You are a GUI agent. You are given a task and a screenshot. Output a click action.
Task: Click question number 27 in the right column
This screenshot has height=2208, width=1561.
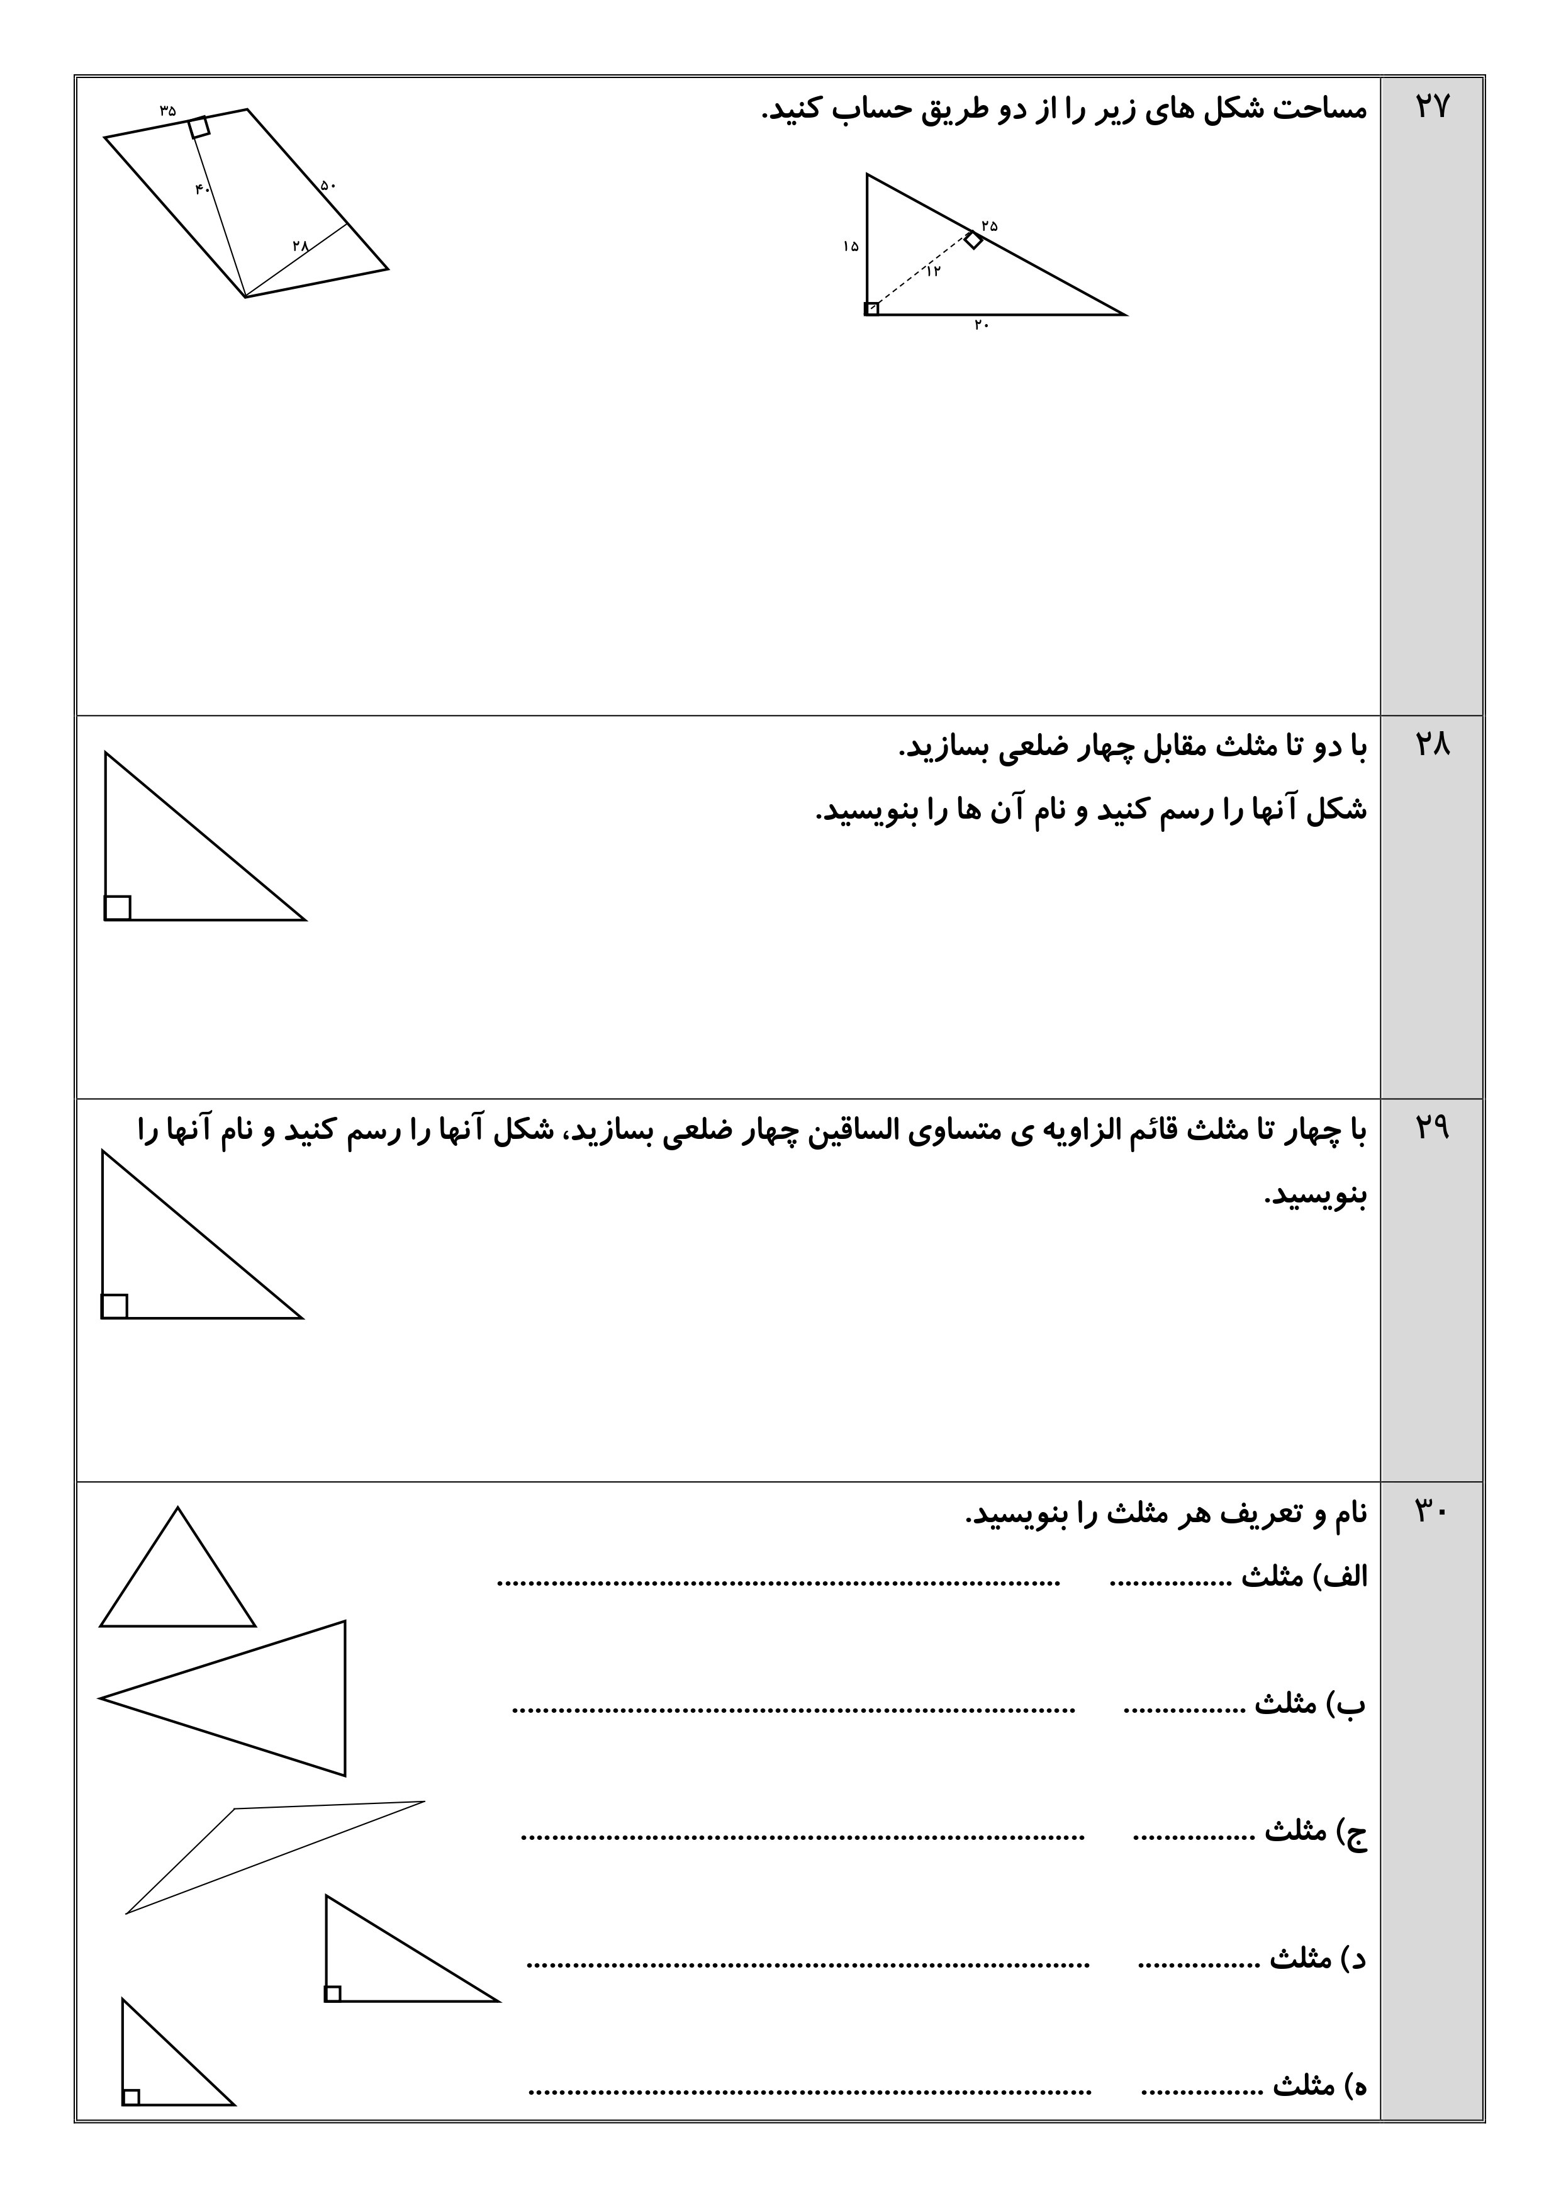point(1431,107)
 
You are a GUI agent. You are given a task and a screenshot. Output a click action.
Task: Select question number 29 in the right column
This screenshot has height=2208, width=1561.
point(1431,1128)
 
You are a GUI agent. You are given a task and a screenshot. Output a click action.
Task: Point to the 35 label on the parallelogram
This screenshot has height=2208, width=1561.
point(169,111)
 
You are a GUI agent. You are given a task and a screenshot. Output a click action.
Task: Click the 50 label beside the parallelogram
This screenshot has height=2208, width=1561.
point(328,184)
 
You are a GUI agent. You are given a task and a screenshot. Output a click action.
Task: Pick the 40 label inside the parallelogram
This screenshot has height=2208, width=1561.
point(202,189)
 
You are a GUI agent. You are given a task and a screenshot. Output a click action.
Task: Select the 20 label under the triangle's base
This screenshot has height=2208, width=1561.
point(981,325)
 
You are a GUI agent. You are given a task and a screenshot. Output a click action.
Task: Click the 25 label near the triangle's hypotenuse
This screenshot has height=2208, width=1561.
point(990,226)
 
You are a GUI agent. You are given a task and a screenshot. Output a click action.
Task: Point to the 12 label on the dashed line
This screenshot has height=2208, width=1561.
point(933,271)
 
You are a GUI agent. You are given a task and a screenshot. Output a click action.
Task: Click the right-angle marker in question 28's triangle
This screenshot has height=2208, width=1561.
point(117,907)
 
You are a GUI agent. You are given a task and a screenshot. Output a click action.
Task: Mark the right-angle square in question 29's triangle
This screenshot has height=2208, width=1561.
point(115,1306)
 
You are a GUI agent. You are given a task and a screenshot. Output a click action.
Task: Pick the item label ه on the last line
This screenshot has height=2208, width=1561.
point(1356,2086)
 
